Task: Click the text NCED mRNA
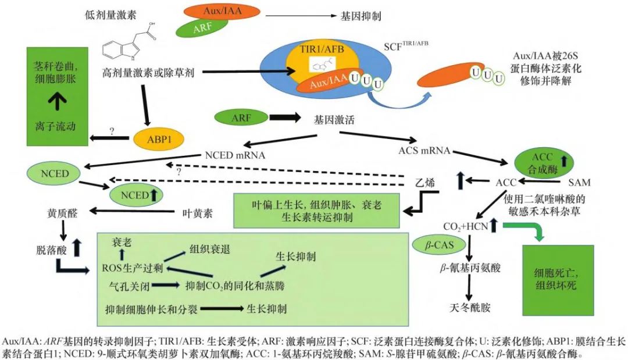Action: (x=235, y=155)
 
